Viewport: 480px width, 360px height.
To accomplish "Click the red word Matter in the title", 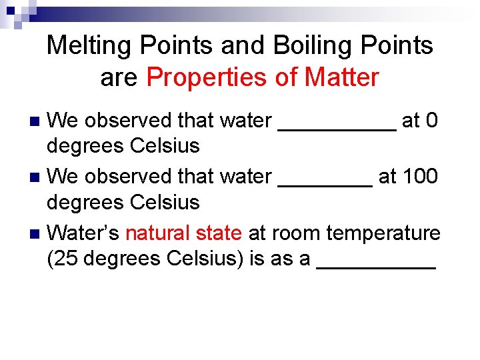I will [x=341, y=78].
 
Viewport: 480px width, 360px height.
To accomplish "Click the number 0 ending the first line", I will [x=431, y=121].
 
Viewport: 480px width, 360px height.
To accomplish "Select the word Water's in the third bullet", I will [x=84, y=233].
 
